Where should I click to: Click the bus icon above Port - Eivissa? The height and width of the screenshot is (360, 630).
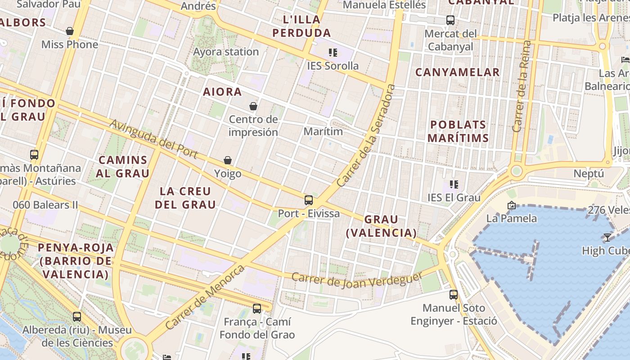pyautogui.click(x=308, y=200)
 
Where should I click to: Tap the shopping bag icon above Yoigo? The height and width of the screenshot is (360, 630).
pyautogui.click(x=228, y=160)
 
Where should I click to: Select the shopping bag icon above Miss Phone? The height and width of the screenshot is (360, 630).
pyautogui.click(x=70, y=31)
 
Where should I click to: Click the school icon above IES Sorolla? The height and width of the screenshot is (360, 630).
pyautogui.click(x=333, y=53)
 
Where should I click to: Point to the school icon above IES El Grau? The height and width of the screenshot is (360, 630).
pyautogui.click(x=454, y=184)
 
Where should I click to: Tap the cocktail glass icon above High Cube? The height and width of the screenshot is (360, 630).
pyautogui.click(x=607, y=237)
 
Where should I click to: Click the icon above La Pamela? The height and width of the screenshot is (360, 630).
pyautogui.click(x=511, y=205)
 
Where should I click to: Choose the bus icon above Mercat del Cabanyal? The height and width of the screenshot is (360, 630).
pyautogui.click(x=450, y=20)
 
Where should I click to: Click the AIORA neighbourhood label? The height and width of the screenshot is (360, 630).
pyautogui.click(x=222, y=92)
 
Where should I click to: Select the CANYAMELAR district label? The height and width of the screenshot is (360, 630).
pyautogui.click(x=457, y=72)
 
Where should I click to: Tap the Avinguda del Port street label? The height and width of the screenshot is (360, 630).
pyautogui.click(x=153, y=139)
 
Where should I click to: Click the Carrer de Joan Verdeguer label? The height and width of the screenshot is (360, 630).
pyautogui.click(x=357, y=279)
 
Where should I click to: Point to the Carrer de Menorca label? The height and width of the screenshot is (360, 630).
pyautogui.click(x=205, y=297)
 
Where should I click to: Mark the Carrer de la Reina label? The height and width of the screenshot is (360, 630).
pyautogui.click(x=522, y=86)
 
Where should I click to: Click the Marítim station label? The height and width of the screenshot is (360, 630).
pyautogui.click(x=323, y=131)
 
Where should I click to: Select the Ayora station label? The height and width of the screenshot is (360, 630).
pyautogui.click(x=226, y=52)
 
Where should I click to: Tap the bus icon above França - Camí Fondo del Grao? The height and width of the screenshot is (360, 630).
pyautogui.click(x=257, y=309)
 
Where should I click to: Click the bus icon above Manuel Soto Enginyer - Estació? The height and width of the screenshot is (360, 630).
pyautogui.click(x=454, y=295)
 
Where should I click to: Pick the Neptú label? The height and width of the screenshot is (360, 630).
pyautogui.click(x=588, y=174)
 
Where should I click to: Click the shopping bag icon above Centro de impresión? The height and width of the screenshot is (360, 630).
pyautogui.click(x=253, y=106)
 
